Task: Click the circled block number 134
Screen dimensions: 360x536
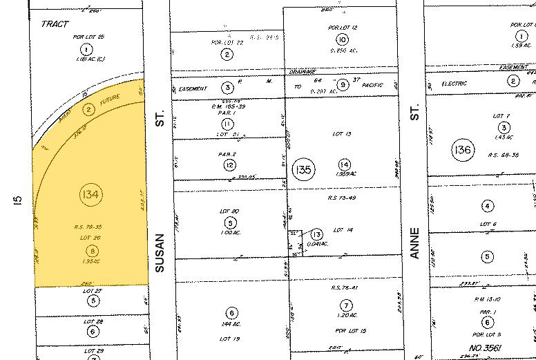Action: point(90,196)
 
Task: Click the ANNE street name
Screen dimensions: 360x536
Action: point(415,243)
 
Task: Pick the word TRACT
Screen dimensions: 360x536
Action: point(55,24)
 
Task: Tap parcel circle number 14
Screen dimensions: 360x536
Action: point(345,164)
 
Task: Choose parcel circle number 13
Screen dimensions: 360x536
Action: point(317,234)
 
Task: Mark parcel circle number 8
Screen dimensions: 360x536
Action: point(90,252)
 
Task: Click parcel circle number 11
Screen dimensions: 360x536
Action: point(229,123)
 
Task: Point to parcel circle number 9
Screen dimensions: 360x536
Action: point(342,84)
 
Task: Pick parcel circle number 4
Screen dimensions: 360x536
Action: point(488,206)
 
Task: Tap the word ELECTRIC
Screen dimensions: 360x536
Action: point(453,84)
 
